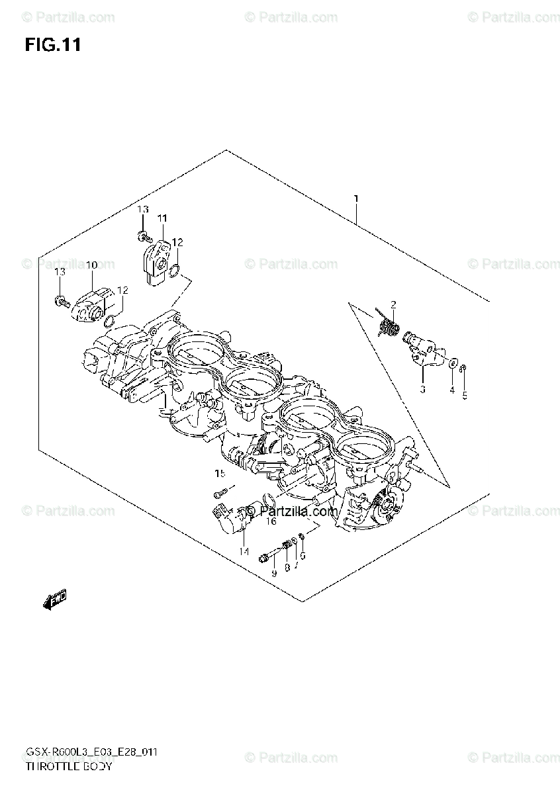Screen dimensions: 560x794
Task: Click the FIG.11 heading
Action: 53,45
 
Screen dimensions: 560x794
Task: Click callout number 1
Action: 356,198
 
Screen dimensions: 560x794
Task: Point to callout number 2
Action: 393,304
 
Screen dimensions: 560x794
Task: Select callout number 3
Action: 422,390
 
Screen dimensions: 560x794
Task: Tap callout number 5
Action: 464,396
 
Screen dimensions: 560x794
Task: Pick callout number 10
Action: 91,265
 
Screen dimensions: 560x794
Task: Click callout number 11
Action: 162,218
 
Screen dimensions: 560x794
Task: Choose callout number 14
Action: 244,551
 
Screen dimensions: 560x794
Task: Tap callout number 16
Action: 271,521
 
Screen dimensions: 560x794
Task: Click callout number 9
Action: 273,573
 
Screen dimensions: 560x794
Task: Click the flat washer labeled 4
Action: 451,364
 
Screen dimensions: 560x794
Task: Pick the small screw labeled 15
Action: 220,492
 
